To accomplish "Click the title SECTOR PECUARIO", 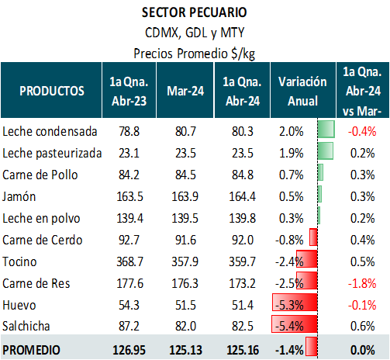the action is tap(195, 12).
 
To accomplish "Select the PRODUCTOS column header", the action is tap(52, 91).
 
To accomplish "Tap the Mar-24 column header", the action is tap(185, 91).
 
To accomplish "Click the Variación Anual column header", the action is tap(302, 91).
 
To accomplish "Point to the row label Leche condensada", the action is tap(50, 131).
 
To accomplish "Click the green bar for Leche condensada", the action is tap(326, 129).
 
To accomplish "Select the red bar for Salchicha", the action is tap(295, 324).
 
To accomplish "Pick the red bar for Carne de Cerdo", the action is tap(313, 237).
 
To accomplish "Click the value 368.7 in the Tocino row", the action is tap(129, 261).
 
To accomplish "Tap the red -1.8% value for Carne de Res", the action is tap(362, 283).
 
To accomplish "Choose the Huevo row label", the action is tap(19, 305).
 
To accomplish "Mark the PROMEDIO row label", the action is tap(31, 350).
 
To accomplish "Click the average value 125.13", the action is tap(185, 350).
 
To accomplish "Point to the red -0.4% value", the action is tap(362, 131).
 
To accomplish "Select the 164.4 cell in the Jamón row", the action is tap(243, 196).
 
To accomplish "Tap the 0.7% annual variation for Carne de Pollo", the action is tap(291, 175).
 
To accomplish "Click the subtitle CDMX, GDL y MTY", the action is tap(195, 33).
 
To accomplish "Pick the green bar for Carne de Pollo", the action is tap(320, 172).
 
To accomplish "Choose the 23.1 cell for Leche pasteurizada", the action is tap(129, 153).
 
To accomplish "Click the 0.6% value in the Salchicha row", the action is tap(362, 326).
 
